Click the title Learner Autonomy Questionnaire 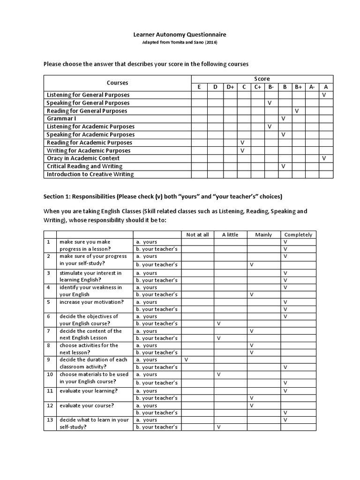point(180,34)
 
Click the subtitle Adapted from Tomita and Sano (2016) point(180,42)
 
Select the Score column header point(262,78)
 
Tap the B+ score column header point(298,87)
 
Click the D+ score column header point(230,87)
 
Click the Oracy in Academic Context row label point(83,158)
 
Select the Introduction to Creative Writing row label point(90,174)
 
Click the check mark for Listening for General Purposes point(324,95)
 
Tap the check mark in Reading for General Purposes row point(297,111)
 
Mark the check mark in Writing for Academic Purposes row point(242,150)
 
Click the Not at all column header point(197,234)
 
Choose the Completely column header point(298,234)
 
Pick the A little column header point(230,234)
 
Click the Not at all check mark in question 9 point(187,360)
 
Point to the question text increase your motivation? point(91,302)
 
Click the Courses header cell point(117,82)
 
